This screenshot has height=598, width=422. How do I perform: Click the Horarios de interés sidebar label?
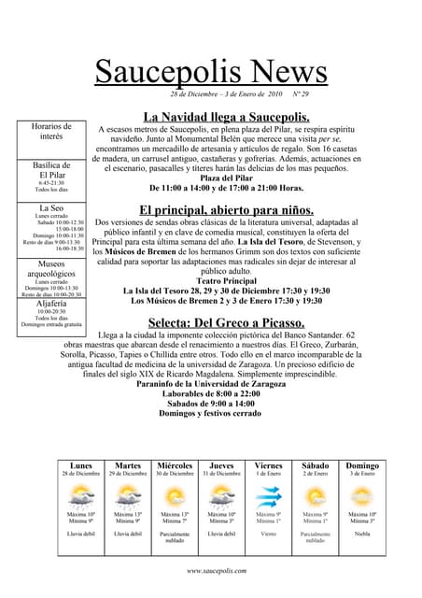click(x=51, y=131)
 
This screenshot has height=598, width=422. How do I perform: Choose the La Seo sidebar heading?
click(x=51, y=207)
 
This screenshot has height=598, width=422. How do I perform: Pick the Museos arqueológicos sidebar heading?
click(x=51, y=270)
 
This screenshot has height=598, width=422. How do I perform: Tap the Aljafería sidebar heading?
click(x=51, y=304)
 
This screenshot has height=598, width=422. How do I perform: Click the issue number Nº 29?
click(x=301, y=94)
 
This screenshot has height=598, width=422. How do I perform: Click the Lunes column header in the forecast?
click(x=81, y=465)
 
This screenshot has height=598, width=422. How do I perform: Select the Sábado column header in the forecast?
click(x=316, y=465)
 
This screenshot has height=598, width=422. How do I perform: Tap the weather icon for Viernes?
click(x=268, y=495)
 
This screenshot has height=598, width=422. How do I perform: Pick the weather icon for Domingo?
click(x=362, y=495)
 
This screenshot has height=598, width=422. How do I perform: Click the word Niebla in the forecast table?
click(x=362, y=534)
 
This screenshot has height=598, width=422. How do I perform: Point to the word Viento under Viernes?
click(x=268, y=534)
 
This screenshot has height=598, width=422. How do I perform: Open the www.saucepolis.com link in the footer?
click(x=216, y=570)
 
